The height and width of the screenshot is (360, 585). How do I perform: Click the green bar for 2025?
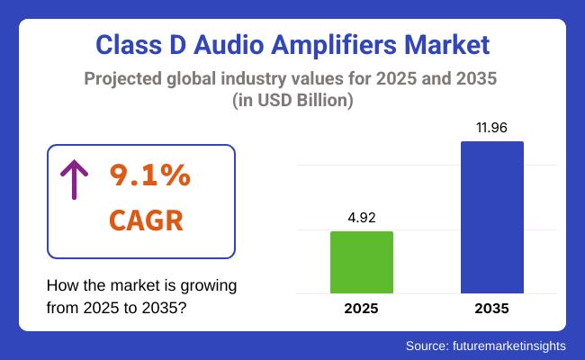[x=362, y=262]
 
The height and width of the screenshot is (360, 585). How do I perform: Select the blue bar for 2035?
[x=491, y=217]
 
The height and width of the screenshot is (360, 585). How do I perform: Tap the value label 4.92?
[x=362, y=216]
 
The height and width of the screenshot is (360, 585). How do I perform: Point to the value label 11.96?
[x=491, y=127]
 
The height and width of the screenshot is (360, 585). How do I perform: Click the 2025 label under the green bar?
[x=362, y=309]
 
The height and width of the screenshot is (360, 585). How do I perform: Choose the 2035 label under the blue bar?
[x=491, y=309]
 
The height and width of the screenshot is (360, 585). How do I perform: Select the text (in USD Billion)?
[x=292, y=102]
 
